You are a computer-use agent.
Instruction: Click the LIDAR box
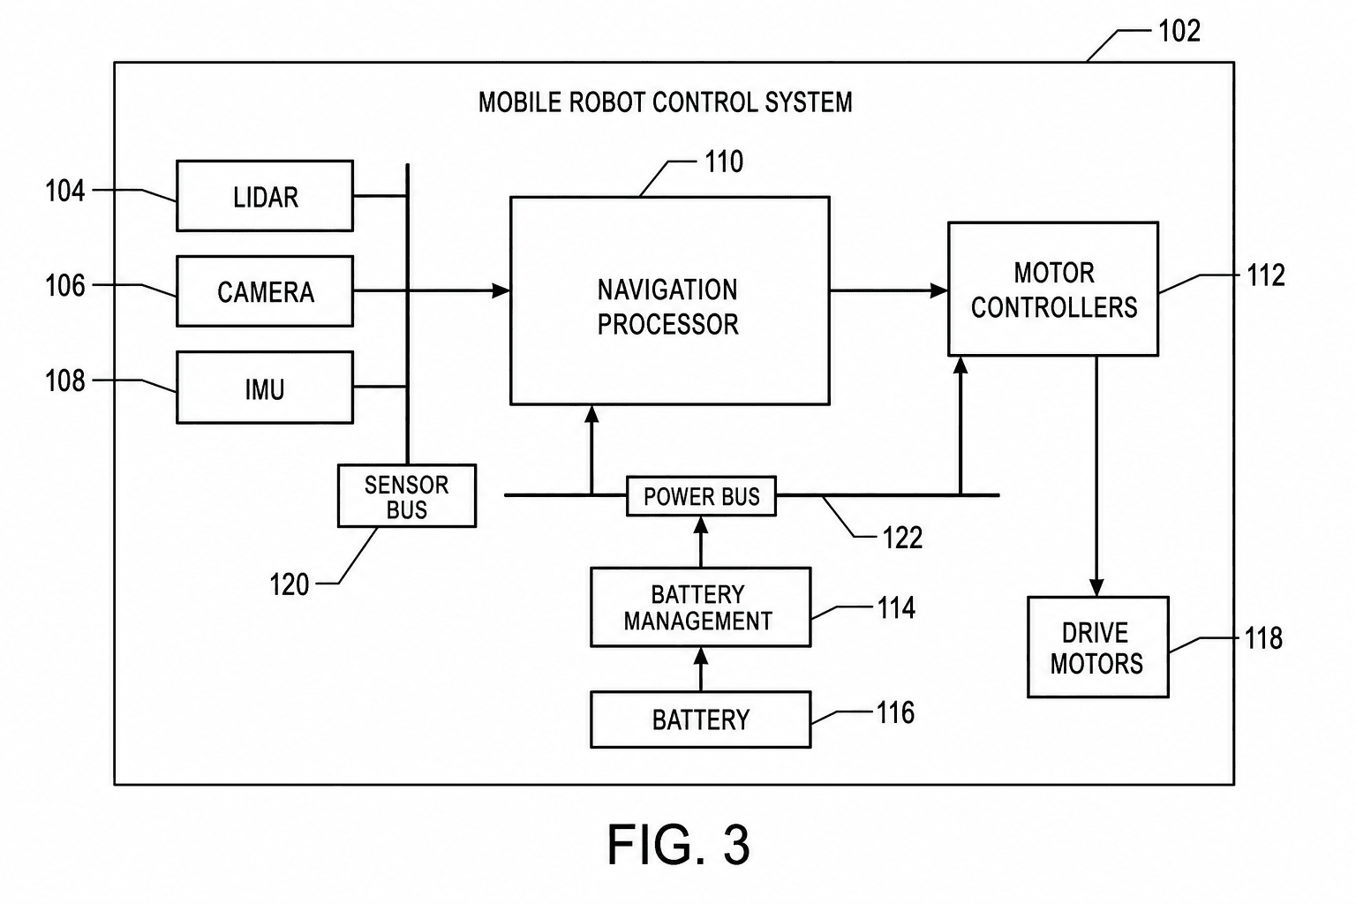(x=265, y=196)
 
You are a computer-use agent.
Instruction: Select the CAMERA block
(x=265, y=291)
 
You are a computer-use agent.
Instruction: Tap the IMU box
(x=265, y=388)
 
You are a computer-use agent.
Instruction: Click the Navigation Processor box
(x=669, y=300)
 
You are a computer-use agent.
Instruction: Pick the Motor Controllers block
(x=1053, y=289)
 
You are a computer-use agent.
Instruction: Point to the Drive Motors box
(x=1098, y=647)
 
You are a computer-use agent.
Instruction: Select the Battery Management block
(x=700, y=607)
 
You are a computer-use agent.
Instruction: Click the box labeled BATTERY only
(x=700, y=719)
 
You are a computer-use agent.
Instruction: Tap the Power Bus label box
(x=701, y=496)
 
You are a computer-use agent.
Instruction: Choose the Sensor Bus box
(x=407, y=496)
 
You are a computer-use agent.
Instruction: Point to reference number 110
(x=724, y=162)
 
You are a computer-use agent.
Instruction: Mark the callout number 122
(x=902, y=538)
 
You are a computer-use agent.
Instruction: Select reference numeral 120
(x=289, y=585)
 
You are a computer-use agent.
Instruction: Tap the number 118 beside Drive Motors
(x=1263, y=638)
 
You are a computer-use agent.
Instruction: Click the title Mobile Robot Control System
(x=666, y=102)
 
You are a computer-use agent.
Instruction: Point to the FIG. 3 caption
(x=679, y=845)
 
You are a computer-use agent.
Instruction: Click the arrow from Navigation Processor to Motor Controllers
(x=889, y=291)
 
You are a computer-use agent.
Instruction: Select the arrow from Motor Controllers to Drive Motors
(x=1096, y=476)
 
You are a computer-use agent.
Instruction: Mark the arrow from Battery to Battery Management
(x=701, y=669)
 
